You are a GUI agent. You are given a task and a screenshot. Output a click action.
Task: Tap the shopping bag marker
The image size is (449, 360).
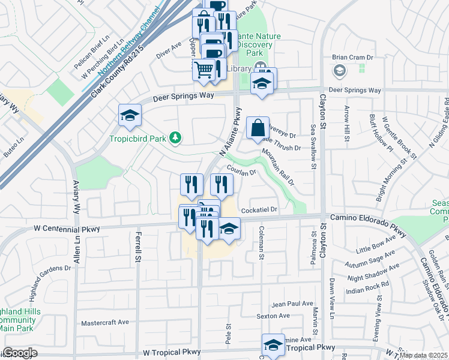[258, 128]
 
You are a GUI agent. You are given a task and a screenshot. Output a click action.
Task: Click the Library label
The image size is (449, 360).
[240, 68]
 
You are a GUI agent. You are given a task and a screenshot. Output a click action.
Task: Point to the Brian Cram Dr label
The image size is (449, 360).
[353, 58]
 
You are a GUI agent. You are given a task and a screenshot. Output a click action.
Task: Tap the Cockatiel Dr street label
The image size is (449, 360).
[259, 209]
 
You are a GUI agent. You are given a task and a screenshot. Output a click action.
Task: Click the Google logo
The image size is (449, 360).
[20, 353]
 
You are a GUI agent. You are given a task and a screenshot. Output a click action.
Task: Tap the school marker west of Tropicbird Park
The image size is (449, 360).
[129, 116]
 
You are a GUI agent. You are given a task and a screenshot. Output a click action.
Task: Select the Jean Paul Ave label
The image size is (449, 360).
[292, 304]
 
